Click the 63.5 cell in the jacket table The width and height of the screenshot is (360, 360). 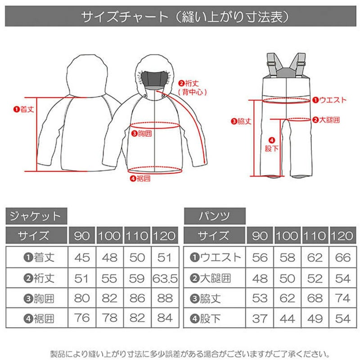[x=165, y=279]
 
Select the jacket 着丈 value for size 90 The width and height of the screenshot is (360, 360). [x=82, y=257]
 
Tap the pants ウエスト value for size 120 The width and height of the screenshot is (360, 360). [x=343, y=257]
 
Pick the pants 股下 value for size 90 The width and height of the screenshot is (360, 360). [x=260, y=319]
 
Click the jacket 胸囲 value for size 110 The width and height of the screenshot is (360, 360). [x=137, y=298]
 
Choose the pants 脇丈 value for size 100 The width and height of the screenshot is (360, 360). [x=288, y=298]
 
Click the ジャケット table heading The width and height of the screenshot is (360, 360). [x=36, y=216]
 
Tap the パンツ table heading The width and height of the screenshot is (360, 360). [x=215, y=216]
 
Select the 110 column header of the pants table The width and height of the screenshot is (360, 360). [x=315, y=235]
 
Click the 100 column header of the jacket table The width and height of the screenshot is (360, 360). [x=110, y=235]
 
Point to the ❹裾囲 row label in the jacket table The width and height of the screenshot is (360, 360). [x=39, y=319]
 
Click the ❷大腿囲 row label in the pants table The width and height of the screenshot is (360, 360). [x=210, y=279]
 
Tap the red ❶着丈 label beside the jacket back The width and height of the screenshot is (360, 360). [x=24, y=109]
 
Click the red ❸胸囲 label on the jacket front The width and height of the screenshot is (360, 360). [x=141, y=133]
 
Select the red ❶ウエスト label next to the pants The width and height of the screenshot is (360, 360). [x=329, y=100]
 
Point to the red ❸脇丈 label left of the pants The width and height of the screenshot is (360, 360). [x=241, y=121]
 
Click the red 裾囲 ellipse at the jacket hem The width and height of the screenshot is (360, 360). [x=155, y=174]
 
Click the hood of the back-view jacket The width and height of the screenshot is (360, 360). [x=87, y=75]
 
